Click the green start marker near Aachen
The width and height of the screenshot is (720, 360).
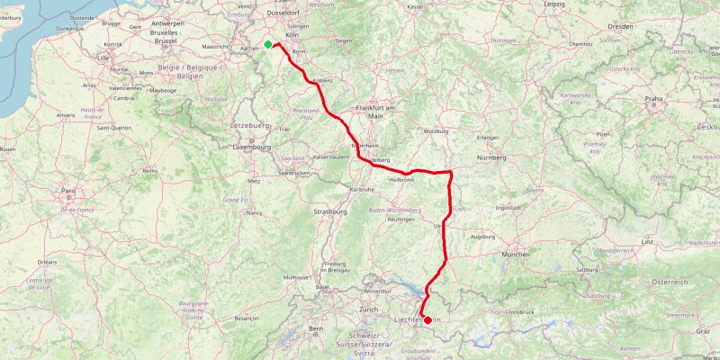click(268, 44)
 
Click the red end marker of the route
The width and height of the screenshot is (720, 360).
click(427, 242)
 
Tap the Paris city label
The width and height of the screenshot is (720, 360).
click(67, 191)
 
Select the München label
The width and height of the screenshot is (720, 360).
click(516, 255)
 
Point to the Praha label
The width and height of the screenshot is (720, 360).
click(653, 99)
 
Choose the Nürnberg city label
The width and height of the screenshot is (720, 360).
click(492, 157)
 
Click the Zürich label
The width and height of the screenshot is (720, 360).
click(367, 310)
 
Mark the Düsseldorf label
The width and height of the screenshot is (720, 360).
click(285, 13)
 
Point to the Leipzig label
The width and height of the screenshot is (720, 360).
click(554, 4)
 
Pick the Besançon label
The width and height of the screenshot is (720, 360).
click(246, 318)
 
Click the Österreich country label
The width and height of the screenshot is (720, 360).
click(669, 282)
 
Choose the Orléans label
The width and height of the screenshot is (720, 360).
click(48, 262)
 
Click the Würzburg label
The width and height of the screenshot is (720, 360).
click(435, 131)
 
